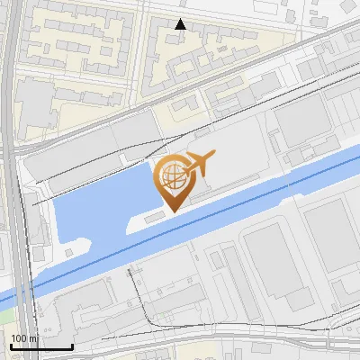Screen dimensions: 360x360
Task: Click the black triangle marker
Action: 181,24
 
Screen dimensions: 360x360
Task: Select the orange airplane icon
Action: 198,163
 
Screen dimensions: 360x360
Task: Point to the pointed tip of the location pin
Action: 170,211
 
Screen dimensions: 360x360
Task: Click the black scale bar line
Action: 40,346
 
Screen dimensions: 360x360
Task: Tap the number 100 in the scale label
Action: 18,338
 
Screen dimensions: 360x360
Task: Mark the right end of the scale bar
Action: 72,346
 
